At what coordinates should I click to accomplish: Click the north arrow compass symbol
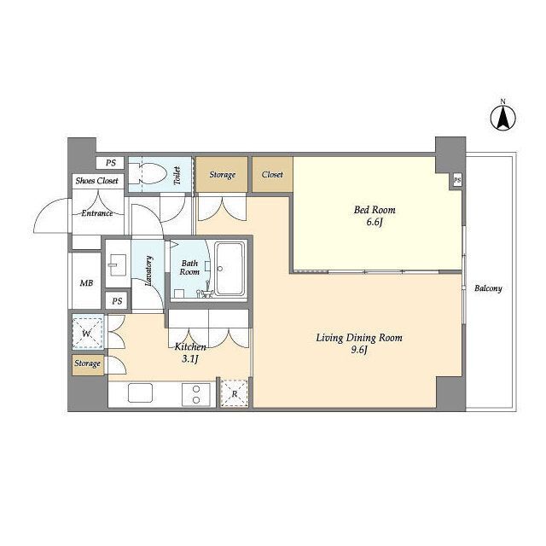(502, 118)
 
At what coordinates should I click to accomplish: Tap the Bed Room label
(375, 210)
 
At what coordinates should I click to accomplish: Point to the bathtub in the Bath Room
(229, 269)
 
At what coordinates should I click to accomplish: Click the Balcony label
(488, 288)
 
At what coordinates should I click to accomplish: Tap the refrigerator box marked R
(235, 393)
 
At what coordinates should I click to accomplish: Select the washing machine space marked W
(88, 332)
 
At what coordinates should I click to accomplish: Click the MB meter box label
(87, 283)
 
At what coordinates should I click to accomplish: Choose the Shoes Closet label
(96, 181)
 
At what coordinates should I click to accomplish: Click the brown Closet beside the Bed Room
(272, 174)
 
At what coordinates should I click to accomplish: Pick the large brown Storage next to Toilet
(222, 174)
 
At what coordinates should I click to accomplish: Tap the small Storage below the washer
(88, 364)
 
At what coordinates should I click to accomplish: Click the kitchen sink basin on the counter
(140, 392)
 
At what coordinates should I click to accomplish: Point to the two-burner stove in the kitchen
(196, 394)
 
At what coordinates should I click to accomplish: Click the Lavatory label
(148, 271)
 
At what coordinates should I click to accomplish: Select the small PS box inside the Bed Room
(457, 180)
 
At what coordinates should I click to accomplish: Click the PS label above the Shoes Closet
(111, 163)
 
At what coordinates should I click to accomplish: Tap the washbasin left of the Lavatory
(118, 264)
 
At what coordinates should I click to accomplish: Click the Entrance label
(97, 212)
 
